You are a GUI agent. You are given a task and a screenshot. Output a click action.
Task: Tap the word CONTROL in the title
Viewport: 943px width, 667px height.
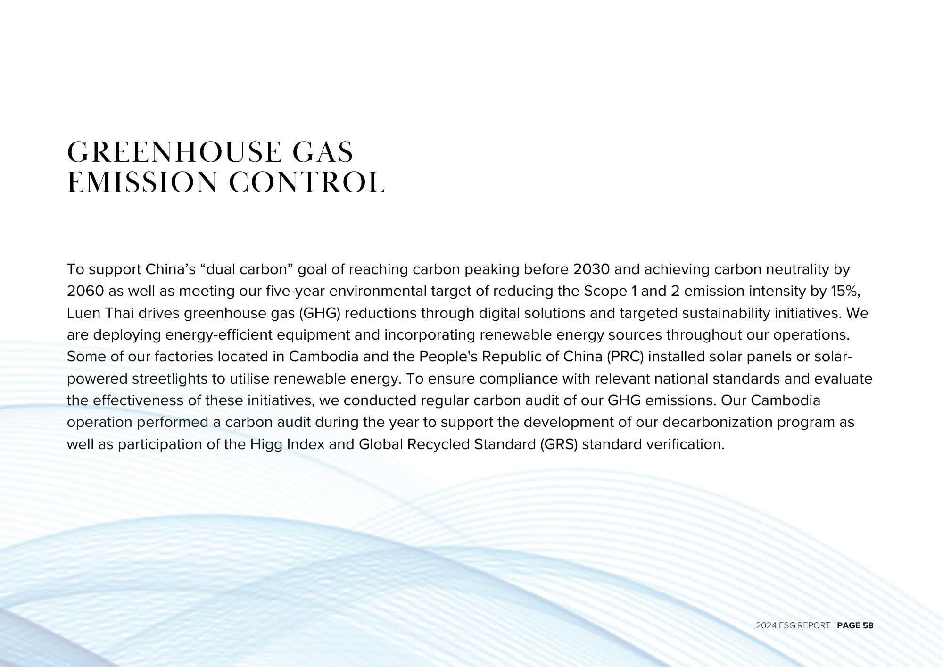coord(307,183)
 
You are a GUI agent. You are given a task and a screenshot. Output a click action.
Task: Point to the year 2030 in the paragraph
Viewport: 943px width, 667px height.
coord(591,269)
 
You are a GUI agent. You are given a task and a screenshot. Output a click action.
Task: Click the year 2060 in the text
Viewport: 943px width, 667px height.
coord(85,291)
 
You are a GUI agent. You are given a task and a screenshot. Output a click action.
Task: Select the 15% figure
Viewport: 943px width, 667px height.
coord(845,291)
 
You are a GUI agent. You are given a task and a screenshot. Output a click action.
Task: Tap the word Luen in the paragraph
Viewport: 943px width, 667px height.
coord(83,313)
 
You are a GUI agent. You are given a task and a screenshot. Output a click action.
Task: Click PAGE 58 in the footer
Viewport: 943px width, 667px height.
coord(855,625)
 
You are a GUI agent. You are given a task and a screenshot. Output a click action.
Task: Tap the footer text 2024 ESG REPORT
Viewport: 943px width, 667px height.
coord(793,625)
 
